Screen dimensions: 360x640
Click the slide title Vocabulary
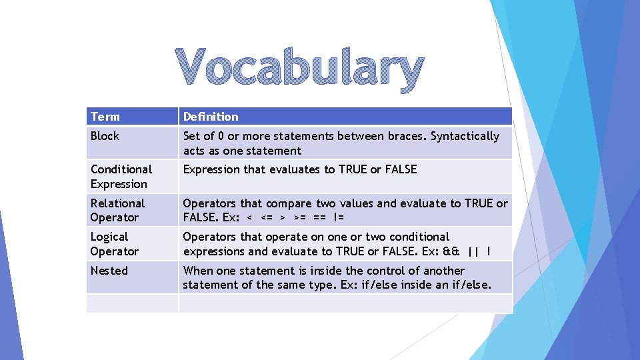(x=300, y=70)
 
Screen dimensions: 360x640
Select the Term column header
(x=105, y=117)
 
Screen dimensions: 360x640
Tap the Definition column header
(x=211, y=117)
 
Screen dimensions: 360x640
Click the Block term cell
(x=105, y=136)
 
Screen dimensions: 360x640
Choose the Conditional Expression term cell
(x=121, y=177)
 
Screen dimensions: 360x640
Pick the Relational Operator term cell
(x=117, y=210)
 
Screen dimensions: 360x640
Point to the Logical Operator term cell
(x=115, y=244)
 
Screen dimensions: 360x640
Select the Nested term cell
(x=109, y=271)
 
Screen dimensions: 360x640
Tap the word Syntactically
(x=465, y=136)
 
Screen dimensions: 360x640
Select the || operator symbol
(x=473, y=251)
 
